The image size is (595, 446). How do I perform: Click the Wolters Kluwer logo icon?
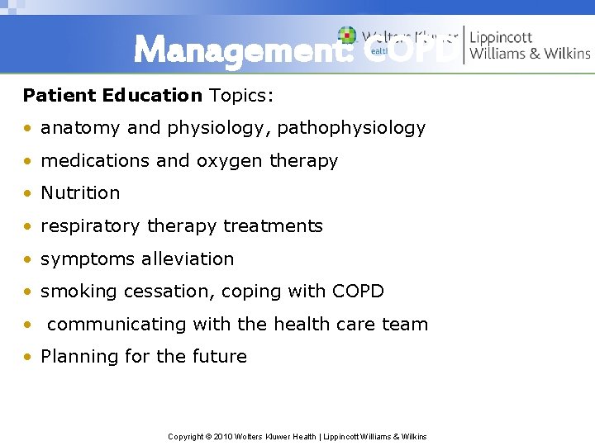[347, 36]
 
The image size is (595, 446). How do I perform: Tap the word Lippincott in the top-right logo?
[501, 36]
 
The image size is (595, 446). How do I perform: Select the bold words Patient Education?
[112, 95]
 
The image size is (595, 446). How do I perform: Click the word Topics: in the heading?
[241, 95]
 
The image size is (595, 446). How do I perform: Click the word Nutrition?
[80, 193]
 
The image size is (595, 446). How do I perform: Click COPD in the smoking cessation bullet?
[358, 292]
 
